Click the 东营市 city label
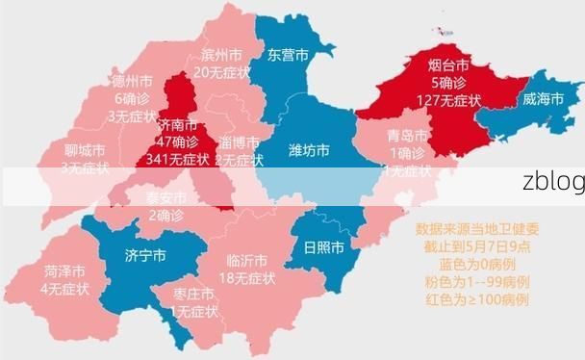[289, 54]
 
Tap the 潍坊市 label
[310, 150]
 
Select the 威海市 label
[544, 99]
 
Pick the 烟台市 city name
[448, 65]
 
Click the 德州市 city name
[133, 82]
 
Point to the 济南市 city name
[177, 126]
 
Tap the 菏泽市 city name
[64, 271]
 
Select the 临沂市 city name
[247, 261]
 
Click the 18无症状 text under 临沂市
[247, 278]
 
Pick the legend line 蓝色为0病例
[477, 264]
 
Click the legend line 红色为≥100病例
[477, 298]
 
